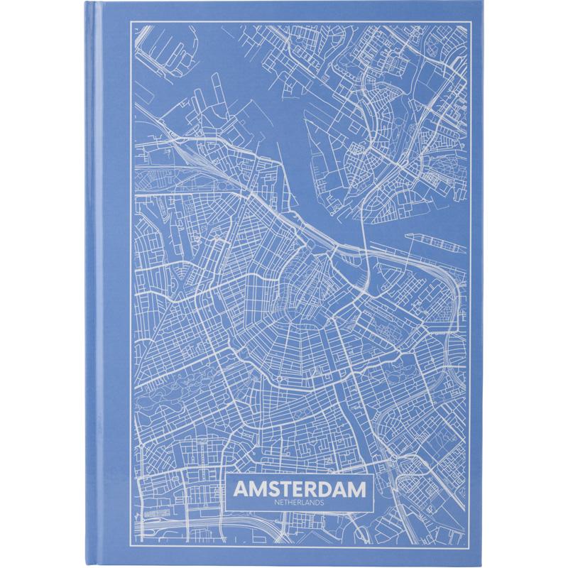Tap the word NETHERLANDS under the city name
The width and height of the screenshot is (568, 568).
coord(298,504)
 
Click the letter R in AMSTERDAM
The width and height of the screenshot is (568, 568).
coord(314,491)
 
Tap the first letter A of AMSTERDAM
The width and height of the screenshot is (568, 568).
coord(239,491)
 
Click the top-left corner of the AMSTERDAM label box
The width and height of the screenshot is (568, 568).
coord(229,476)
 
